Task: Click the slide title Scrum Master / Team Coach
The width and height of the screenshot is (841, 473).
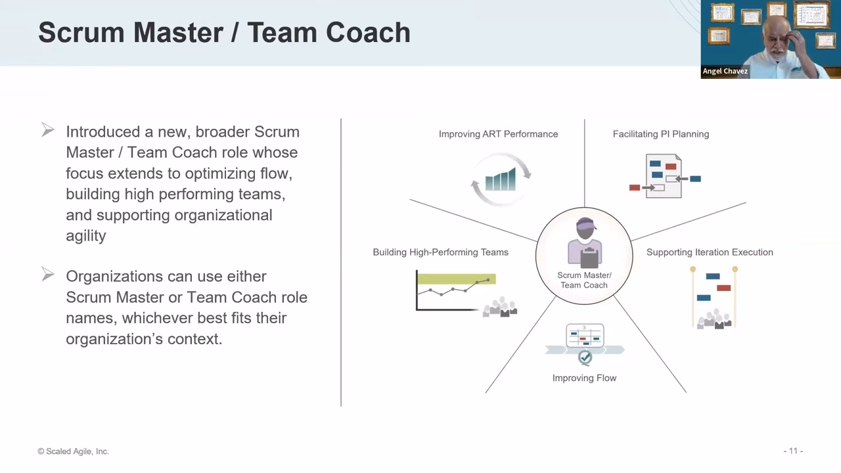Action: [x=224, y=33]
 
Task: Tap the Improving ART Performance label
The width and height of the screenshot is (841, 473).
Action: [x=498, y=134]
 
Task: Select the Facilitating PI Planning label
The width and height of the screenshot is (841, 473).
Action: [x=660, y=134]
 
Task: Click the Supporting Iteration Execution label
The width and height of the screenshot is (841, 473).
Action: [x=710, y=252]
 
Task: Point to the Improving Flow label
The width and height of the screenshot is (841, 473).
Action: [x=584, y=378]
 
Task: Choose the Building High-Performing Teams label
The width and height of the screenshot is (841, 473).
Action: [x=440, y=252]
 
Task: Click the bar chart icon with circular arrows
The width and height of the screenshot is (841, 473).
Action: [x=501, y=179]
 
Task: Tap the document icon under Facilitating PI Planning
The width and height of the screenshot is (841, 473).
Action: [x=664, y=176]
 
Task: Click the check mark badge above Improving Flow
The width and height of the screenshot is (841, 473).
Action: [x=585, y=357]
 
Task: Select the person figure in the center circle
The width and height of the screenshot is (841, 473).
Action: [x=584, y=243]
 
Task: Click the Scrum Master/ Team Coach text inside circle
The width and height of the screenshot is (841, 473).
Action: [x=584, y=280]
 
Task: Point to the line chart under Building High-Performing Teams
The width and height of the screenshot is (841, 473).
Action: [x=456, y=291]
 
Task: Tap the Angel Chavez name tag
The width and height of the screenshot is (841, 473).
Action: [x=725, y=71]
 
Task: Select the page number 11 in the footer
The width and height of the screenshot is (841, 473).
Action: [x=793, y=451]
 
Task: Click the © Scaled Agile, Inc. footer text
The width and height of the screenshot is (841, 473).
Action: [x=73, y=451]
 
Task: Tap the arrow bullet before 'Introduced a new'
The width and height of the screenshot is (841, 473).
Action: [x=48, y=130]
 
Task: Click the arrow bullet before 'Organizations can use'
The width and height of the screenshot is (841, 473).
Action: [x=48, y=275]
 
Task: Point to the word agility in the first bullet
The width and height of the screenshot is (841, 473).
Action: [x=85, y=236]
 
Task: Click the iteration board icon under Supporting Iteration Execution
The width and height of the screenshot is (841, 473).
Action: [x=714, y=297]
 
